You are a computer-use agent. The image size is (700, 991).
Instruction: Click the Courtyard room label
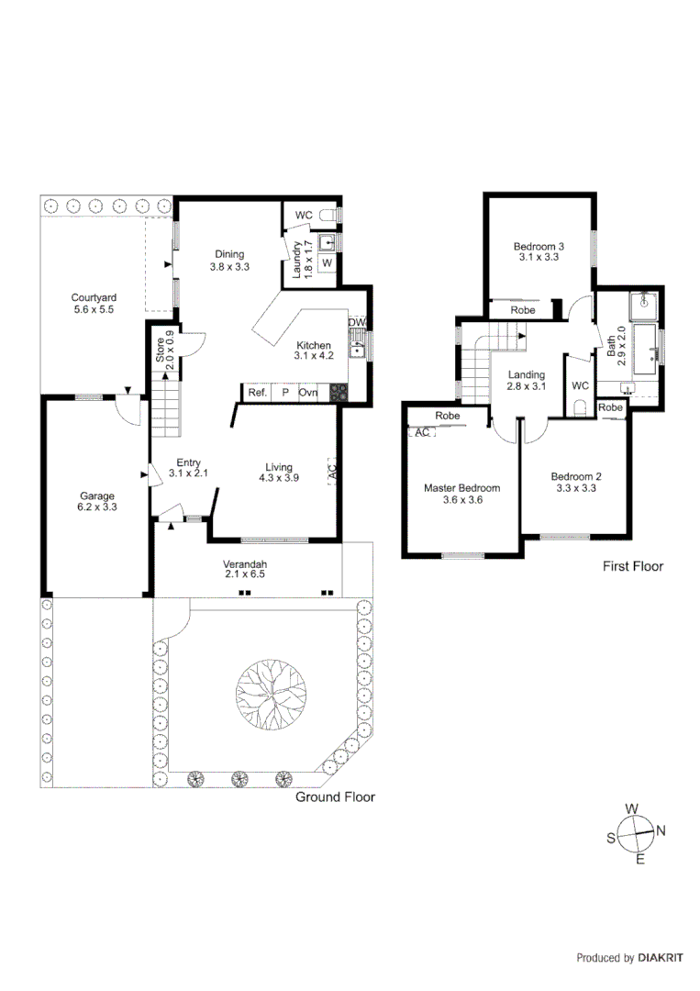(x=94, y=297)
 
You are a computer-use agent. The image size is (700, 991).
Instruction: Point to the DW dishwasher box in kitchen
(x=357, y=323)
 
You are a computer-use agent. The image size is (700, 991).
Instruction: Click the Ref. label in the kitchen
(x=257, y=393)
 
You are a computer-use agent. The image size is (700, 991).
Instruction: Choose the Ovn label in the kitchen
(x=308, y=393)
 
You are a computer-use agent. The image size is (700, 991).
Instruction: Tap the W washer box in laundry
(x=327, y=264)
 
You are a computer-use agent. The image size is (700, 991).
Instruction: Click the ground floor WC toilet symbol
(x=332, y=216)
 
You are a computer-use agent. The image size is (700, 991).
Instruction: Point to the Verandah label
(x=245, y=563)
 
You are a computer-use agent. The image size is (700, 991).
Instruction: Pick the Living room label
(x=279, y=466)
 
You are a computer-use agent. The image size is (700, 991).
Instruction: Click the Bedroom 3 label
(x=538, y=246)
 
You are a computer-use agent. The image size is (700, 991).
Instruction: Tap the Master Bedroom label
(x=461, y=488)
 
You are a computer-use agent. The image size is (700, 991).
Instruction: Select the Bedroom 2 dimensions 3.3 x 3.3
(x=575, y=489)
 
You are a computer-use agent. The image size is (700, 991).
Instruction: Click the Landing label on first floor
(x=527, y=374)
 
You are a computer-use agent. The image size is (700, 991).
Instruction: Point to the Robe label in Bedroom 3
(x=523, y=310)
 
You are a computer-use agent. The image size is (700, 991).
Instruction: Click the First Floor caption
(x=632, y=566)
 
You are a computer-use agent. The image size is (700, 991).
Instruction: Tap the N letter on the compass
(x=661, y=830)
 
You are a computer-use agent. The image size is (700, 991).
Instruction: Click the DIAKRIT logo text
(x=661, y=958)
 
